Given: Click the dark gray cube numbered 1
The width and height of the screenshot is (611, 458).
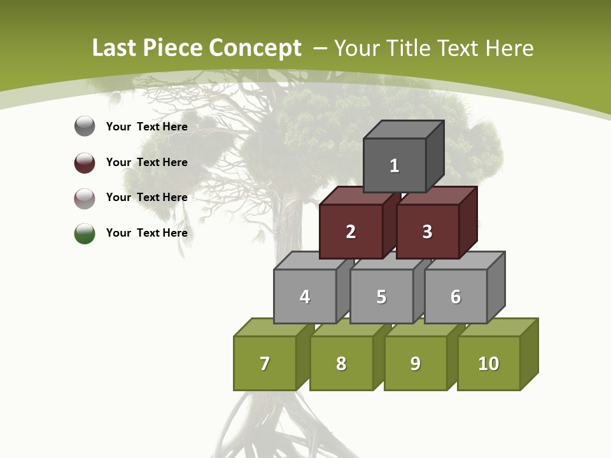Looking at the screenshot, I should point(395,165).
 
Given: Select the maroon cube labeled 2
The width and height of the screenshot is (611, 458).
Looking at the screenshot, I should point(351,232).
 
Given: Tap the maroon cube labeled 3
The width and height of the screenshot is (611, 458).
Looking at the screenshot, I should point(427,232).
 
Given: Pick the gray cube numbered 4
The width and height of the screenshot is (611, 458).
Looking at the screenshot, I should point(305,296).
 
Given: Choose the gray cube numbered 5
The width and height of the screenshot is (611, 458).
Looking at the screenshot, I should point(381,296).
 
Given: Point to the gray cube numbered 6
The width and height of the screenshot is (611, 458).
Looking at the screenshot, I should point(456,296).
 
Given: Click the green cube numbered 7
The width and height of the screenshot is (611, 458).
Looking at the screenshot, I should point(265,363).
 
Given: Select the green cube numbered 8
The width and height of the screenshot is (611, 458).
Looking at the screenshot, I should point(341,363).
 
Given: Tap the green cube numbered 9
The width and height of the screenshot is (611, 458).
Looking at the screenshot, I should point(416,363).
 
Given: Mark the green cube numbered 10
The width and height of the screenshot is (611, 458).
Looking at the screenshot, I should point(489,363).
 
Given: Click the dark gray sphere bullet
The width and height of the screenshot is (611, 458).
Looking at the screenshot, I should point(85,127).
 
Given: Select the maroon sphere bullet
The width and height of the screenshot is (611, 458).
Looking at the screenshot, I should point(85,162).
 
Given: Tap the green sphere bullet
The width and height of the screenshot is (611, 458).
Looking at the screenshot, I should point(85,233).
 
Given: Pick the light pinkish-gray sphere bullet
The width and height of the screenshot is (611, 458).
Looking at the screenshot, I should point(85,198).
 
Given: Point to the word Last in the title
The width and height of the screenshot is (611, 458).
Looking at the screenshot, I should point(115,48).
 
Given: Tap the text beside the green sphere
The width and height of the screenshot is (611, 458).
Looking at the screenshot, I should point(147,233).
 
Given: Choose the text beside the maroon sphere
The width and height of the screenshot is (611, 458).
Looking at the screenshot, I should point(147,162).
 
